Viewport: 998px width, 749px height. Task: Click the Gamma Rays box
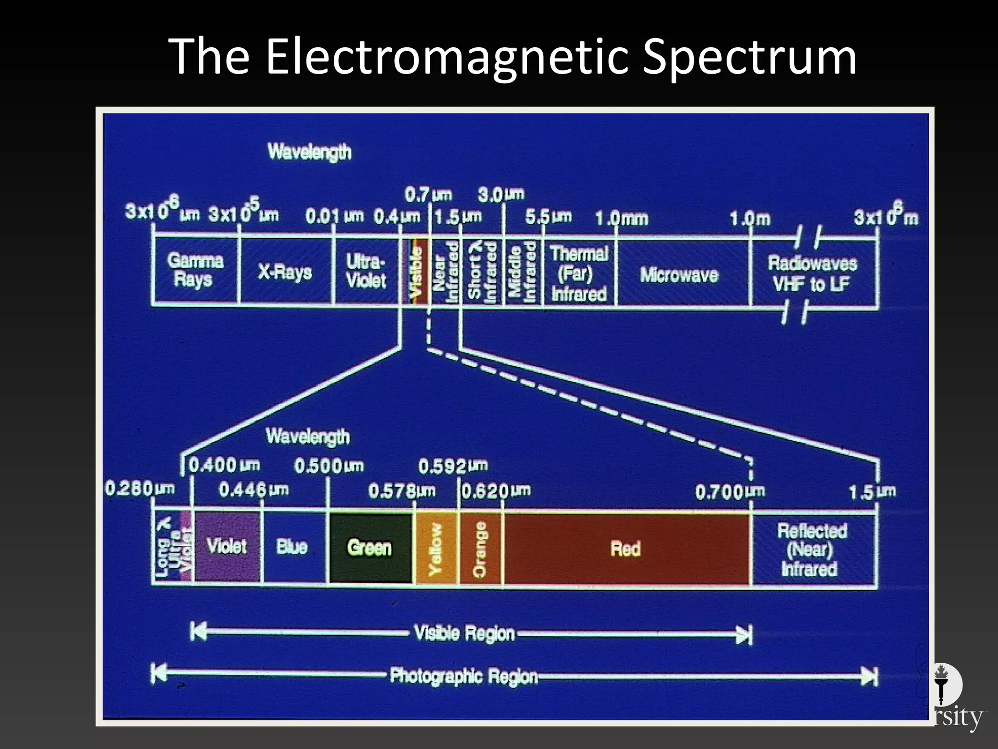point(195,270)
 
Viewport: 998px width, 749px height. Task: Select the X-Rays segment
point(285,272)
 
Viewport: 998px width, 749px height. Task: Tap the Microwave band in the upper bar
point(679,275)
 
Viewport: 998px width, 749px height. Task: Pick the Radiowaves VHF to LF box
point(812,274)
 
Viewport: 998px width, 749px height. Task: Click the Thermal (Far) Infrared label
point(579,274)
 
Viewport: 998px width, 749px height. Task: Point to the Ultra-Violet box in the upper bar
point(365,271)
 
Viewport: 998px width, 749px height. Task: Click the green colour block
point(370,548)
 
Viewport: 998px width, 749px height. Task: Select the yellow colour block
point(436,548)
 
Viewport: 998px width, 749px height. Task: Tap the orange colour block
point(480,548)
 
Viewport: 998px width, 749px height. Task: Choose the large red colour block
point(626,549)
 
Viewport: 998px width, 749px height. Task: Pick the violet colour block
point(227,546)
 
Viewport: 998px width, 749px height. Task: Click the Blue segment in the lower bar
point(292,547)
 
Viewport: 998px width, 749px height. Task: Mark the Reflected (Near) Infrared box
point(811,550)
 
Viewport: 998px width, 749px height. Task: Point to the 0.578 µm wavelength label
point(402,491)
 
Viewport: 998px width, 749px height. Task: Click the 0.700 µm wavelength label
point(729,492)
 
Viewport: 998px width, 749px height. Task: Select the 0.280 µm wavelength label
point(139,488)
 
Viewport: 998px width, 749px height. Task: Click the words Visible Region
point(464,633)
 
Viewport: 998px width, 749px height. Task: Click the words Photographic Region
point(463,676)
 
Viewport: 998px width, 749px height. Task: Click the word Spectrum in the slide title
point(749,57)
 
